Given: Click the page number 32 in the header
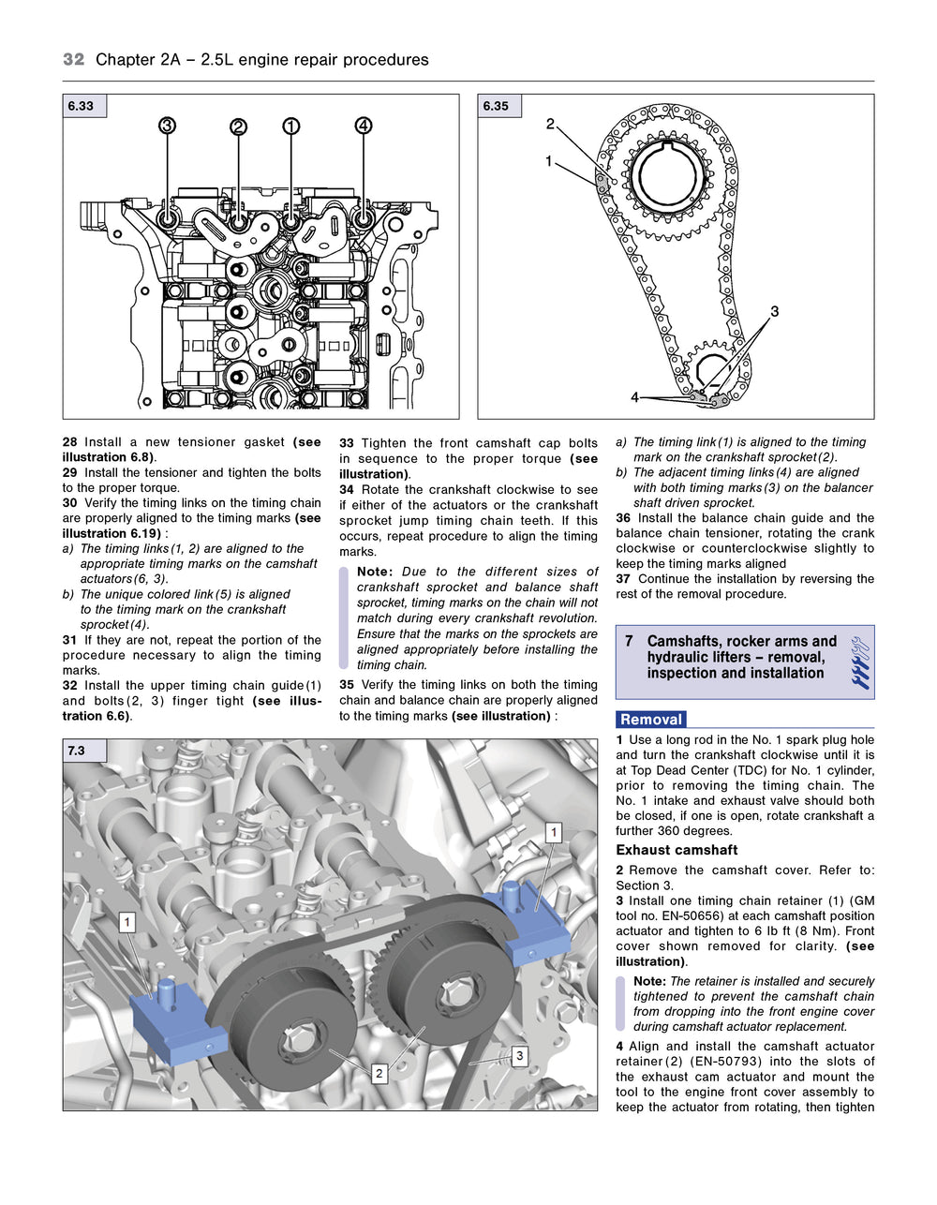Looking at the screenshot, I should [x=73, y=59].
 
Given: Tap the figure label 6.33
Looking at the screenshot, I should [x=82, y=106].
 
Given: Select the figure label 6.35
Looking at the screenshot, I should [x=496, y=106].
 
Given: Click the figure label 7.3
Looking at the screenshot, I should [x=76, y=751].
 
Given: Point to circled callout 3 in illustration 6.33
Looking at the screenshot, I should [x=167, y=126].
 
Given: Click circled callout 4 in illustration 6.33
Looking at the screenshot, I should [x=364, y=126].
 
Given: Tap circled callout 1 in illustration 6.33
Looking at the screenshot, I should [x=291, y=126].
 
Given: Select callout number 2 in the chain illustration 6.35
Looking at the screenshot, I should [x=550, y=124].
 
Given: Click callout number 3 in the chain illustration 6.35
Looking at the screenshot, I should [x=774, y=311].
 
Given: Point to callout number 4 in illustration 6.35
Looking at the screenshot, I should [x=634, y=397].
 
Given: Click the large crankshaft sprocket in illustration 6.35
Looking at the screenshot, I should [x=669, y=177].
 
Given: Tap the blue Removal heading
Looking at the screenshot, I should [x=651, y=720].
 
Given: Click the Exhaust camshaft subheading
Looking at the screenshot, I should [x=677, y=850].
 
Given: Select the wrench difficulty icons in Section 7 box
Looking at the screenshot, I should [x=859, y=662].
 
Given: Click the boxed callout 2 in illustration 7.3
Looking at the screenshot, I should [x=379, y=1073].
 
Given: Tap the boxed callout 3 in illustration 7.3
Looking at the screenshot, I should [x=519, y=1056].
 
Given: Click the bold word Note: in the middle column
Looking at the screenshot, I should [x=374, y=572].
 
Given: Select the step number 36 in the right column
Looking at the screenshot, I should [x=623, y=518].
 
